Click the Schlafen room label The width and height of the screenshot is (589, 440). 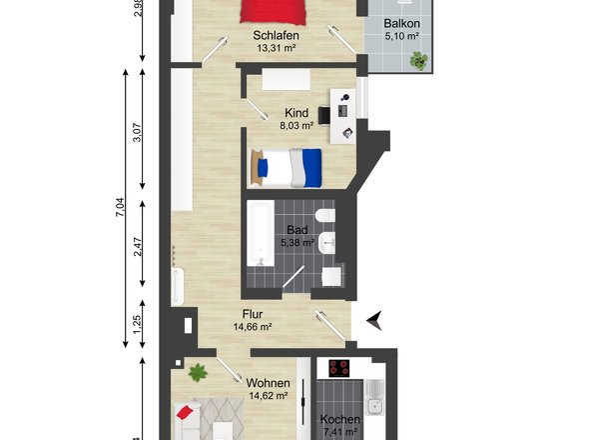[x=276, y=35]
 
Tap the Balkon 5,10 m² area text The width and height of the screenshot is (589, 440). [x=401, y=37]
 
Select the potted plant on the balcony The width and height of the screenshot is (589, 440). [x=419, y=61]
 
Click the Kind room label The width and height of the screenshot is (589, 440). [x=296, y=113]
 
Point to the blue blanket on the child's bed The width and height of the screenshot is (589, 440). [x=312, y=168]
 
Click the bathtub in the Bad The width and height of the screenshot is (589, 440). [x=260, y=233]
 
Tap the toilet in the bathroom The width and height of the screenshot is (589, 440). [x=324, y=216]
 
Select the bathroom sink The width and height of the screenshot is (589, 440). [x=326, y=243]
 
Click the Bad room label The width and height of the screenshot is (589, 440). [x=297, y=230]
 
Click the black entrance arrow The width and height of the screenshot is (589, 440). [x=374, y=320]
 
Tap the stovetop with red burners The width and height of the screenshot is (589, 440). [x=339, y=368]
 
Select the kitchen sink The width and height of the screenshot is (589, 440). [x=375, y=397]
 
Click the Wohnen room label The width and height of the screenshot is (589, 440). [x=268, y=383]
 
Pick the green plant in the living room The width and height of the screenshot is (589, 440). [x=198, y=372]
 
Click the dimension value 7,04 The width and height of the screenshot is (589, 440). [x=120, y=207]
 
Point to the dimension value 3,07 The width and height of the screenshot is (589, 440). [x=137, y=132]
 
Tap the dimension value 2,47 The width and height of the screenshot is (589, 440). [x=138, y=247]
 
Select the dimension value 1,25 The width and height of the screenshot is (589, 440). [x=138, y=324]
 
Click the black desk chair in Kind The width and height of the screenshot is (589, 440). [x=324, y=115]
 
